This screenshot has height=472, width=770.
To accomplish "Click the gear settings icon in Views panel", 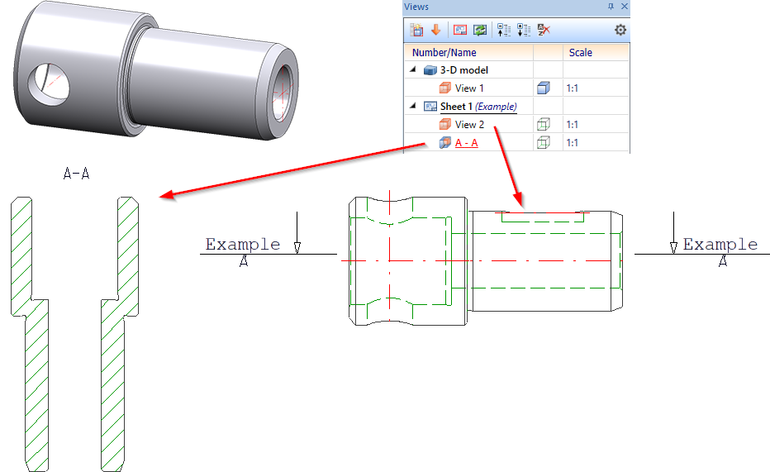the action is pos(620,30).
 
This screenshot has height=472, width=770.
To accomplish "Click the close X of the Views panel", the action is pos(624,7).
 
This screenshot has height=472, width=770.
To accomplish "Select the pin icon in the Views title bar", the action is pos(611,7).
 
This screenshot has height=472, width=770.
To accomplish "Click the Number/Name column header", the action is pos(444,53).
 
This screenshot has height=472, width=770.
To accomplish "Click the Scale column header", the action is pos(581,53).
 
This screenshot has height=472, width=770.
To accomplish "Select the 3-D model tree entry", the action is pos(464,70).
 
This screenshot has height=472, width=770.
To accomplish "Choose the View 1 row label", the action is pos(469,88).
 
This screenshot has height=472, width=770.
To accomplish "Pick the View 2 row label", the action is pos(469,125).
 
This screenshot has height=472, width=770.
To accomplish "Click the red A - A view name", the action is pos(467,143).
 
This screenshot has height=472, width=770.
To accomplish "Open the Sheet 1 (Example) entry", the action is pos(478,107).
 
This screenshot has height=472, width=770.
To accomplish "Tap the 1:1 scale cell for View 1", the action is pos(572,88).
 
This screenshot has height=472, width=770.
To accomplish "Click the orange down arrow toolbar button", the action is pos(435,30).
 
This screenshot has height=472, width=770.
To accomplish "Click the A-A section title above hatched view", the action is pos(76,174).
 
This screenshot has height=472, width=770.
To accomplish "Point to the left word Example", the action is pos(243,244).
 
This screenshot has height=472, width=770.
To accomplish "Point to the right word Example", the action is pos(720,244).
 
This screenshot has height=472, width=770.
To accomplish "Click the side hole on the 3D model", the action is pos(48,84).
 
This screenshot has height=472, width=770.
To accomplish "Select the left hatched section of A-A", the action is pos(30,334).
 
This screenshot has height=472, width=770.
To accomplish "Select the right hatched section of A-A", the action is pos(120,334).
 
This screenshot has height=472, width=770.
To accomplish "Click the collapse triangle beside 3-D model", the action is pos(412,70).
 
